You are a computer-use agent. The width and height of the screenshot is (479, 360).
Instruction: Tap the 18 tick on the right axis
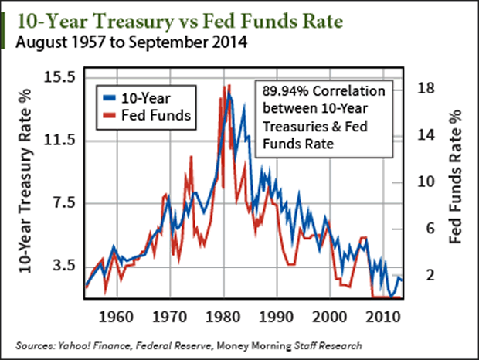coord(426,88)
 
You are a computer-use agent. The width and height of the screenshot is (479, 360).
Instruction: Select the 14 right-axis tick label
coord(426,135)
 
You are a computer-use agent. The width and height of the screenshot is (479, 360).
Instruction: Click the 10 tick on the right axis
coord(426,182)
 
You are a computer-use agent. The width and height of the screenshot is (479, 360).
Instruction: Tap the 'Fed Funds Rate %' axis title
coord(456,182)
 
